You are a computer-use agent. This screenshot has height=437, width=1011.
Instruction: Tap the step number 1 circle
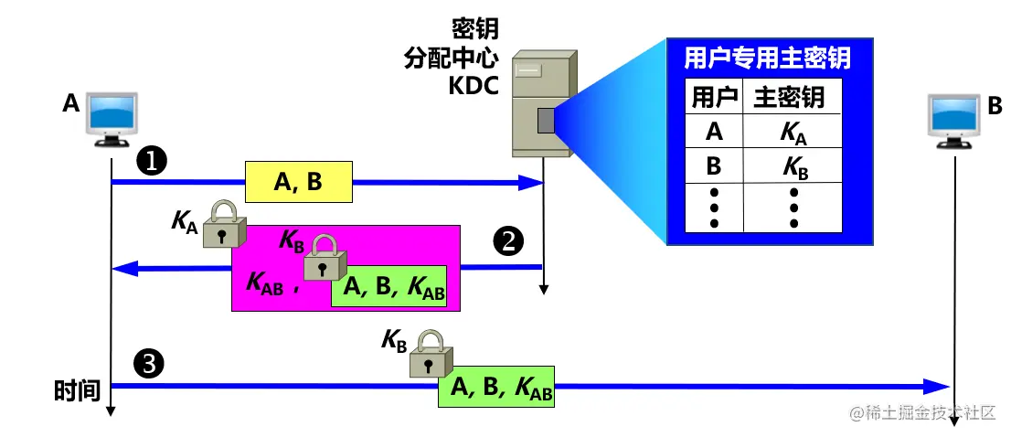pos(150,161)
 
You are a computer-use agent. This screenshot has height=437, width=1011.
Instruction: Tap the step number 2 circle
pos(508,241)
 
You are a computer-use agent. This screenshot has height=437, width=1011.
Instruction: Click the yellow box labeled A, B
pos(298,183)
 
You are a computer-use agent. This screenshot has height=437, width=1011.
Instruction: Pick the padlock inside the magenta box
pos(323,257)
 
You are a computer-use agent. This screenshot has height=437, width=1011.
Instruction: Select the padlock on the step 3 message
pos(427,354)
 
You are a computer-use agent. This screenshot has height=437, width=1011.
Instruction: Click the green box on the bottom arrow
pos(496,387)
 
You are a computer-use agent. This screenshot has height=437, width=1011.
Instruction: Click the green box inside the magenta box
pos(389,287)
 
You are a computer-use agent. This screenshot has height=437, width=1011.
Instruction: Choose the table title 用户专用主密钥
pos(767,59)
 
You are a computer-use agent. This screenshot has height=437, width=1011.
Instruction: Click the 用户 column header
pos(714,97)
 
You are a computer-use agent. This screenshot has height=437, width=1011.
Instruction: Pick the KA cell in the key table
pos(793,133)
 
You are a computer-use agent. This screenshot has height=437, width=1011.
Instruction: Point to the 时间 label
pos(76,391)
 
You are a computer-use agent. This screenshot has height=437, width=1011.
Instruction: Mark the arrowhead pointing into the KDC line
pos(532,183)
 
